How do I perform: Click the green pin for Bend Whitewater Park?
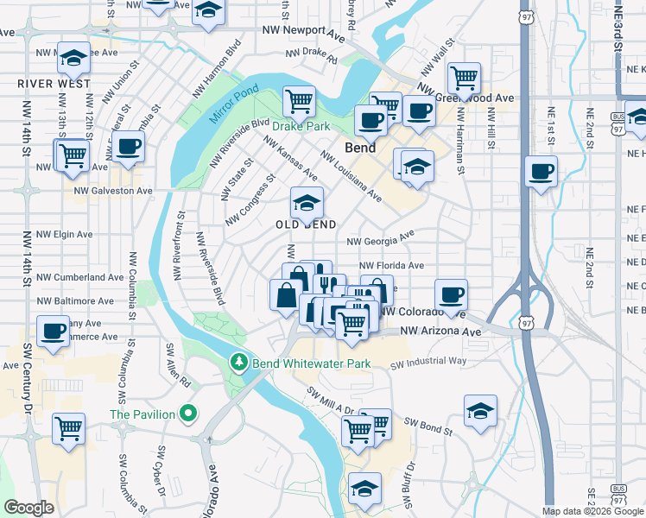[239, 363]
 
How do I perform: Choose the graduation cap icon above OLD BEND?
[307, 204]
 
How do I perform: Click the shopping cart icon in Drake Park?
[299, 101]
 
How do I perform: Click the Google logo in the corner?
[28, 508]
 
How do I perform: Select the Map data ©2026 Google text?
[592, 511]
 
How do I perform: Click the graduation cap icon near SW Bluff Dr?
[365, 489]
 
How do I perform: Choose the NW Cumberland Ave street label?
[80, 278]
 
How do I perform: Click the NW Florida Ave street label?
[391, 266]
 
